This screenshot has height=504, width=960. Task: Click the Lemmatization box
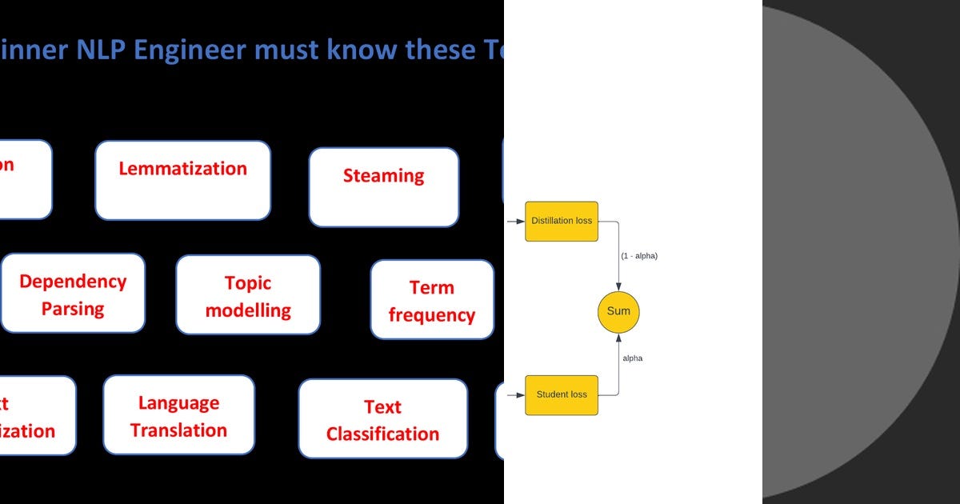pyautogui.click(x=182, y=180)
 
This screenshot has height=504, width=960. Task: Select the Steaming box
pyautogui.click(x=383, y=186)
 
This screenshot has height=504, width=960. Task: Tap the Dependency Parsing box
pyautogui.click(x=73, y=293)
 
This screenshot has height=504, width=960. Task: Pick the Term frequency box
pyautogui.click(x=432, y=299)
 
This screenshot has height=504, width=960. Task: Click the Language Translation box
pyautogui.click(x=178, y=414)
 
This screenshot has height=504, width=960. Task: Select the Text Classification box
pyautogui.click(x=382, y=418)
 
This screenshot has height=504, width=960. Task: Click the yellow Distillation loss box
pyautogui.click(x=562, y=221)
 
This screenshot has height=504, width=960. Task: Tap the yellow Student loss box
pyautogui.click(x=562, y=394)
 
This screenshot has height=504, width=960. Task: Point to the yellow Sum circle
pyautogui.click(x=618, y=311)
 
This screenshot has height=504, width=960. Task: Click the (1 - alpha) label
pyautogui.click(x=639, y=256)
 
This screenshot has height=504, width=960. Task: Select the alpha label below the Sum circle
pyautogui.click(x=632, y=358)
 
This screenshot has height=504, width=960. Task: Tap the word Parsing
pyautogui.click(x=73, y=309)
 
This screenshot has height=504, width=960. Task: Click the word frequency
pyautogui.click(x=432, y=315)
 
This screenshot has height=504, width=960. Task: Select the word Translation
pyautogui.click(x=178, y=430)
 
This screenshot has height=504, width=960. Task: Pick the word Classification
pyautogui.click(x=382, y=434)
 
